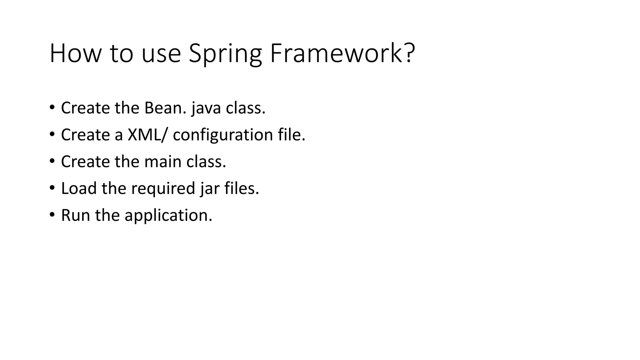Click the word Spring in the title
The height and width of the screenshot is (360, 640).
point(225,54)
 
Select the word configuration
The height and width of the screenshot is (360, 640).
point(223,135)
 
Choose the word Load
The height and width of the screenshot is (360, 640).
point(79,188)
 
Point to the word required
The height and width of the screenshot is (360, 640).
point(163,189)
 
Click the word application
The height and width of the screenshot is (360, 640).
point(168,216)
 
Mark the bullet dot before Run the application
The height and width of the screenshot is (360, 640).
point(52,215)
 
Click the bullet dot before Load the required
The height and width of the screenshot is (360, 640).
point(52,188)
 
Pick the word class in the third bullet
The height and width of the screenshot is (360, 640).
point(206,162)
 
